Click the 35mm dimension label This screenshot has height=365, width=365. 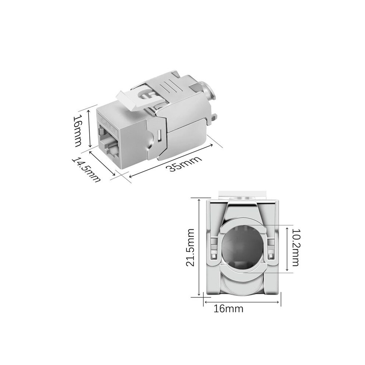(x=185, y=164)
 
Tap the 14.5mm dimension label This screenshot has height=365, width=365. (x=86, y=170)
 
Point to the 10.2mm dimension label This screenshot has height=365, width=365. (x=296, y=247)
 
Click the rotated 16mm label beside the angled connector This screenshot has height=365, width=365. (x=77, y=131)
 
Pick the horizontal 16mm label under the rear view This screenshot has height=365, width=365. (x=228, y=309)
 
